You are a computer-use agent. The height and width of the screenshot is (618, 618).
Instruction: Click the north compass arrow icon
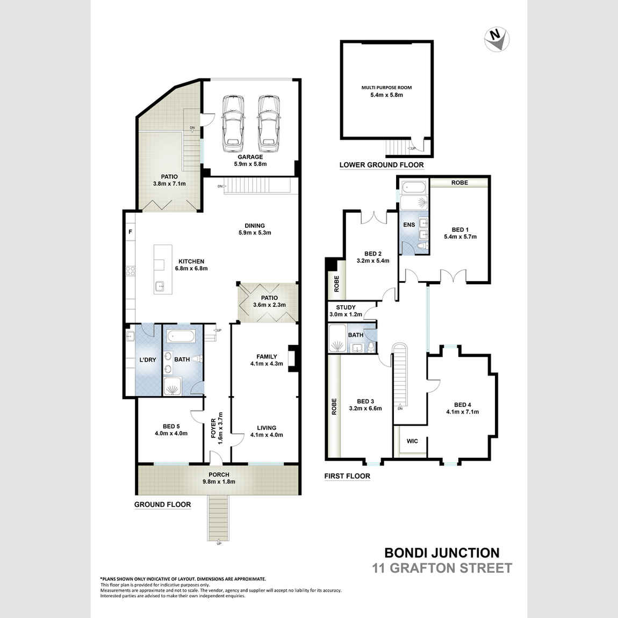point(497,39)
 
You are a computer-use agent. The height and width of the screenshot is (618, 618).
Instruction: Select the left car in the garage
point(233,123)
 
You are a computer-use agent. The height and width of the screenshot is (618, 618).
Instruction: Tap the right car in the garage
point(268,123)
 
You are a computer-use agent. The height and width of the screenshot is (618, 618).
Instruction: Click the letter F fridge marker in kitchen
point(130,232)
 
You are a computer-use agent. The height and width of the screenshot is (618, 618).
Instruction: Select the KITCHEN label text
point(191,262)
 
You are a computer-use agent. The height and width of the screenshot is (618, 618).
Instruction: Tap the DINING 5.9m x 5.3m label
point(255,229)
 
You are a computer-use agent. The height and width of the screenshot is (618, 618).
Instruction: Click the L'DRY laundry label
point(147,360)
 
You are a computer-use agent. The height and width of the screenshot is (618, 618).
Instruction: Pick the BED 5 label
point(171,427)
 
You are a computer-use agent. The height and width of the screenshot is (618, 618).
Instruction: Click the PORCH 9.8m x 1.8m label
point(219,478)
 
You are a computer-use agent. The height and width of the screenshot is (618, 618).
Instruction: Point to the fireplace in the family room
point(293,358)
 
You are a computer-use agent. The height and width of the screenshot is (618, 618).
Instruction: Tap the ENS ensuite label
point(409,225)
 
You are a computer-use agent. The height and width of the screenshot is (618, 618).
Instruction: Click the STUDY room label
point(346,308)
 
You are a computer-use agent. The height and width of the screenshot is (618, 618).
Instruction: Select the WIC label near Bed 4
point(412,441)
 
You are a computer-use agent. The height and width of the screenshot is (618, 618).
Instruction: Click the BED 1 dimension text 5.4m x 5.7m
point(460,236)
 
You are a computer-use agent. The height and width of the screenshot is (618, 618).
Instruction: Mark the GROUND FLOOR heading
point(162,505)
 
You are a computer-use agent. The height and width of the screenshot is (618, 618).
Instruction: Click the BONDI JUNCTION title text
point(442,552)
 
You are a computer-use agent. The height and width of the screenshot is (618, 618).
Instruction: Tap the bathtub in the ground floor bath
point(181,337)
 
